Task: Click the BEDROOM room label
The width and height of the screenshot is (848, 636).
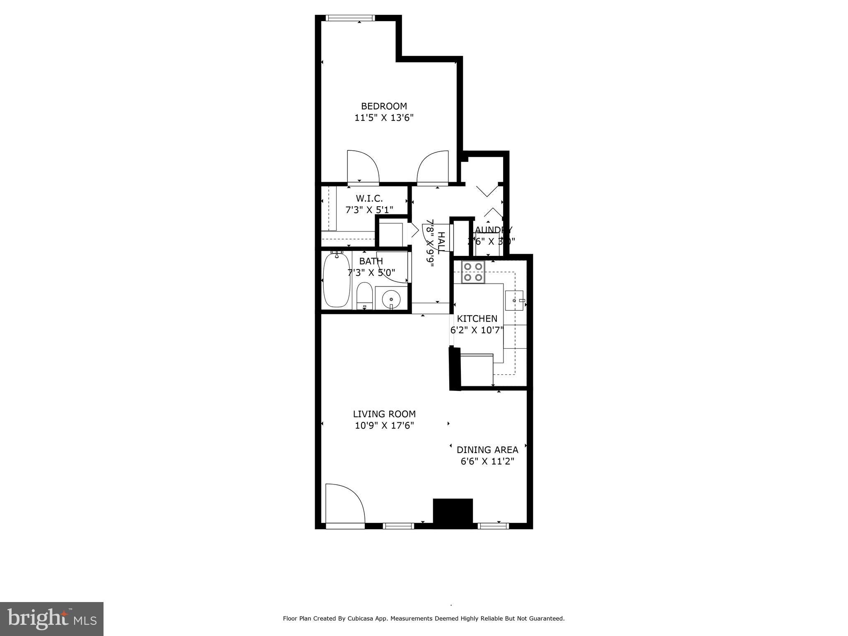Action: point(384,106)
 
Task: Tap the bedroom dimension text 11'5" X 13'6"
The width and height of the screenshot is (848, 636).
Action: point(384,118)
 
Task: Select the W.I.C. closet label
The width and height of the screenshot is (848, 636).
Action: point(369,198)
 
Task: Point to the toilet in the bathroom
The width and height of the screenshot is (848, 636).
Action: point(364,295)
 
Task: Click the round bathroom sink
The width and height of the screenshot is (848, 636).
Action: point(391,298)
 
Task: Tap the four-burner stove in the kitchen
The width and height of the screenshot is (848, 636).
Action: point(473,272)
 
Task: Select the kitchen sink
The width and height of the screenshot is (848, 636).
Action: point(515,300)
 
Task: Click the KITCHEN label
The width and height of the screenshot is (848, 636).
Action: point(477,318)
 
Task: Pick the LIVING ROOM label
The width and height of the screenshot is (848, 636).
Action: point(384,414)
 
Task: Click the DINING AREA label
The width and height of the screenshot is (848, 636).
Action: point(487,450)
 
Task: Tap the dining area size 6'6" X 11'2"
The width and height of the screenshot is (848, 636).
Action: point(487,461)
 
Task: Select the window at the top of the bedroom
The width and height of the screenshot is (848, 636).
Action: point(350,18)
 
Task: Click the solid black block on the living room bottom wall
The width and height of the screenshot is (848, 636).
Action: point(453,513)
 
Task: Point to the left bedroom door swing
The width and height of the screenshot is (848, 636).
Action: point(361,166)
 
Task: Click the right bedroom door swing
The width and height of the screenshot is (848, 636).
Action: point(434,166)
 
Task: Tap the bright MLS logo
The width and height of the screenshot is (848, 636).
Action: point(52,618)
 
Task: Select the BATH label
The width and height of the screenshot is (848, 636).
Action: point(371,261)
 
